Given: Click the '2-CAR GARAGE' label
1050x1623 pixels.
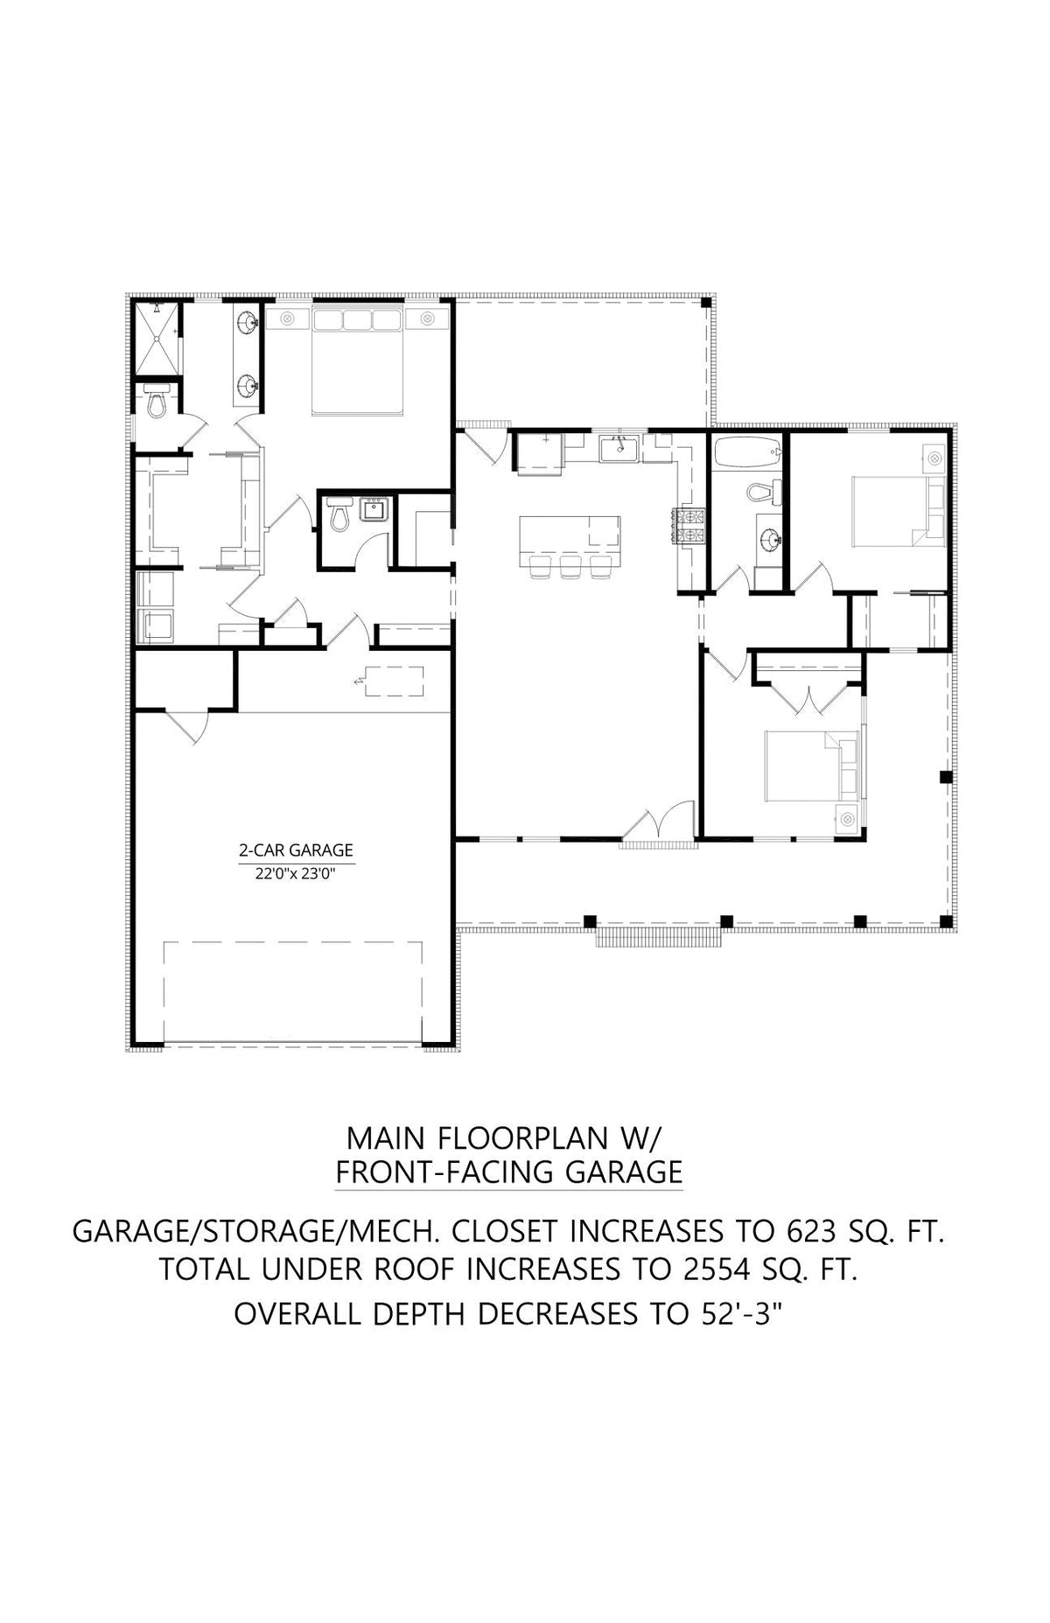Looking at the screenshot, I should pos(296,850).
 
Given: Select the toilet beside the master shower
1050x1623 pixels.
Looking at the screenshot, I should pos(157,403).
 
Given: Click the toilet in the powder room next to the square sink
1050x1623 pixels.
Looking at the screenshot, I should pos(339,516).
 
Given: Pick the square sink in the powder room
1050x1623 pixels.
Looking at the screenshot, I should pos(374,508).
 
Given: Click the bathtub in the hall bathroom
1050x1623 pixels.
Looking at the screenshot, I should pos(746,453).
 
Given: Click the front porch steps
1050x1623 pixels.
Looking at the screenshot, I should pos(659,938).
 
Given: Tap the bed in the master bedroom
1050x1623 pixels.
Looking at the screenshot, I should pos(357,360).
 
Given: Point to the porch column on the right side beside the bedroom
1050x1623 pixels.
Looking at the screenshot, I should pos(944,777).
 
